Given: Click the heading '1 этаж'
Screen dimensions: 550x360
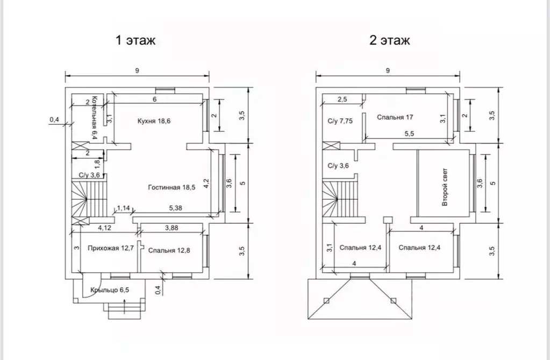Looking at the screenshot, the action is (135, 40).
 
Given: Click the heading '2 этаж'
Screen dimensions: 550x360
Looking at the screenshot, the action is (389, 40).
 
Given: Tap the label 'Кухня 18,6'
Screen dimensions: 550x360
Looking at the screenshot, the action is (154, 121).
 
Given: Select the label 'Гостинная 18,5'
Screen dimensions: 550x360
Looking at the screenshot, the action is (172, 187).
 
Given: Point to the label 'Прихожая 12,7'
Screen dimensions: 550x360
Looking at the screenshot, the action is (111, 248).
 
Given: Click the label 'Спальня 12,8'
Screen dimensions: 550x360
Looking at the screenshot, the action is (169, 250).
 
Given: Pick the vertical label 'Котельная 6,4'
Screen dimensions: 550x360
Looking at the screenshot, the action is (94, 118).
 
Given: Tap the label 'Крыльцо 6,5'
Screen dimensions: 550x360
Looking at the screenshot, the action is (110, 290).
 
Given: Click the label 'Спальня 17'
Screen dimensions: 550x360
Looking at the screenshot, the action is (395, 117).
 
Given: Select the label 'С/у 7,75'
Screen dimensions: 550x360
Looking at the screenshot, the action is (340, 121).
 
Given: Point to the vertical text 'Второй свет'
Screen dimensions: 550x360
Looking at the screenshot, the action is (445, 187).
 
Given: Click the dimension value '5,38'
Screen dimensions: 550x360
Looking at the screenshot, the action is (175, 208).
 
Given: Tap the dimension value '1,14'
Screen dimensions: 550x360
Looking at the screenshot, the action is (123, 208).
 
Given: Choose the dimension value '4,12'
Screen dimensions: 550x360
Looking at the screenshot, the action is (104, 228).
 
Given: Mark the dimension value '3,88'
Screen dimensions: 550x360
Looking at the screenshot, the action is (172, 228).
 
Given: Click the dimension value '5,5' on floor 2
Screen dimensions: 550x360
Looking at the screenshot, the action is (409, 133).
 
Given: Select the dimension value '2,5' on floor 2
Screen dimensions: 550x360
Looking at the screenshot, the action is (342, 100).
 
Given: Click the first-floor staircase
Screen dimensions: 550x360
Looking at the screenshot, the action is (89, 199).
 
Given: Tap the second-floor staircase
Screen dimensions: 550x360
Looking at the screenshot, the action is (340, 199).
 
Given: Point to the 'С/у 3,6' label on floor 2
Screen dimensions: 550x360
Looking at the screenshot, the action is (338, 166).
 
